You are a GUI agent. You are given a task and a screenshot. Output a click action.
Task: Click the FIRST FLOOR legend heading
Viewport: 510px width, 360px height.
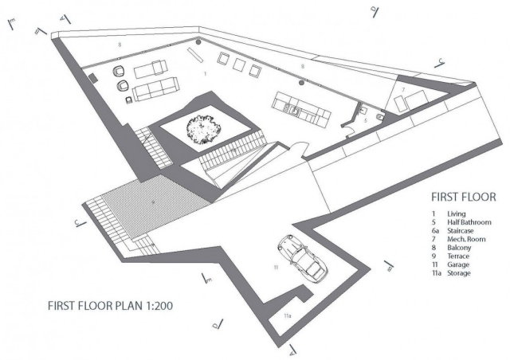(x=463, y=196)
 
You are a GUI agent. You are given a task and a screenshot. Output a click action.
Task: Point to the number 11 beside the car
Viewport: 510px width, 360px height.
(x=274, y=268)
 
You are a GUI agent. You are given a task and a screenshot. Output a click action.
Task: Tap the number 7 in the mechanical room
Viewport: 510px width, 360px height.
(x=403, y=89)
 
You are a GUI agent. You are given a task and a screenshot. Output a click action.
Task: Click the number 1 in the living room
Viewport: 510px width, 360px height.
(x=206, y=72)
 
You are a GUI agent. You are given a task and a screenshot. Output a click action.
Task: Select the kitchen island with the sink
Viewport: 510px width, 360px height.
(x=301, y=108)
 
